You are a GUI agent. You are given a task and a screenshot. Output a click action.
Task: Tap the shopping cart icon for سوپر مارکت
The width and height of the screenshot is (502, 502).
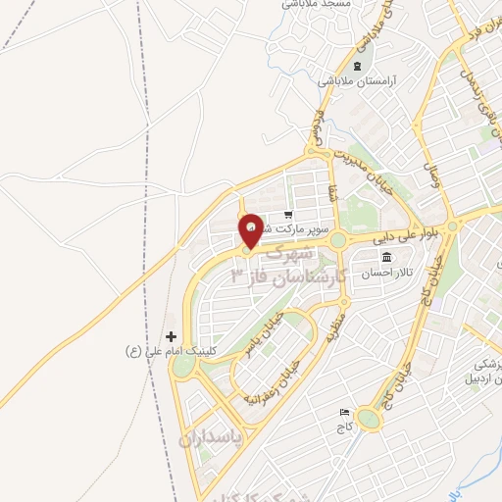pyautogui.click(x=287, y=216)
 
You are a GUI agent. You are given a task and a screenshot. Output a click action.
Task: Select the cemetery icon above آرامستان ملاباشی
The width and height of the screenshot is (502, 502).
pyautogui.click(x=357, y=67)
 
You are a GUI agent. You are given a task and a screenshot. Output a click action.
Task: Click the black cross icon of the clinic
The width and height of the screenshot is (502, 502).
pyautogui.click(x=171, y=336)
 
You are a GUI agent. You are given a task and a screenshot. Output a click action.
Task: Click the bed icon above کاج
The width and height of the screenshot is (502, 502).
pyautogui.click(x=343, y=415)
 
